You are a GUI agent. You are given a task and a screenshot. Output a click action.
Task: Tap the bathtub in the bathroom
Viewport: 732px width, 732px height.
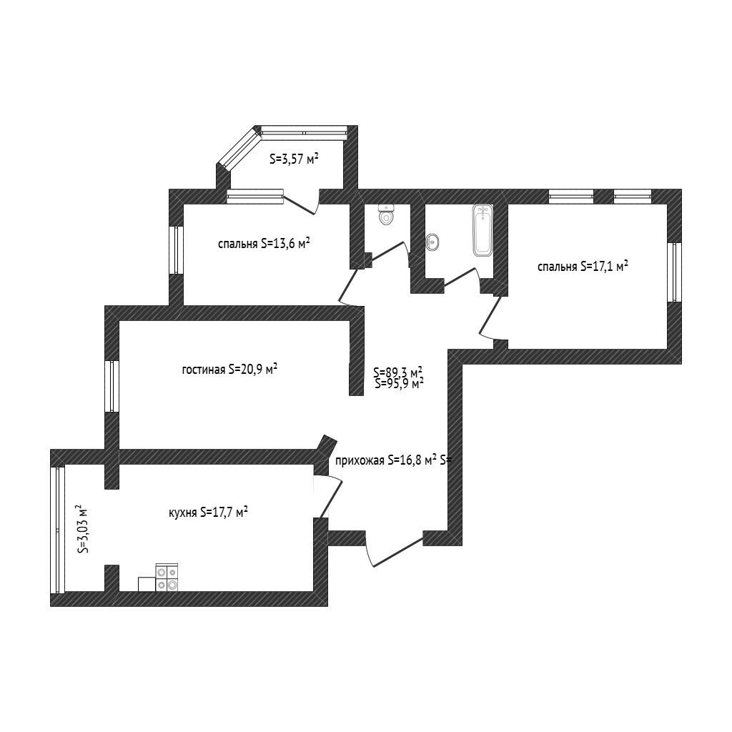tap(483, 231)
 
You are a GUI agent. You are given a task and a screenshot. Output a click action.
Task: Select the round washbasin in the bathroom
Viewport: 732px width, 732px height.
tap(432, 242)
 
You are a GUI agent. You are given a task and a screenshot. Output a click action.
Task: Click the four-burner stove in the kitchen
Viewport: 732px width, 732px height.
tap(167, 578)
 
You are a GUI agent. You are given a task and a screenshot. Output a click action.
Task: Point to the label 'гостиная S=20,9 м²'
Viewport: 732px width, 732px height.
tap(229, 370)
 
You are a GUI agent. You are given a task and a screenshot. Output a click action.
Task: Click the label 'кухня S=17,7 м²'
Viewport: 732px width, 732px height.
tap(208, 512)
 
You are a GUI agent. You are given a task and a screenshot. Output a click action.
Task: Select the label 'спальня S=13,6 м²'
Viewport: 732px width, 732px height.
tap(264, 244)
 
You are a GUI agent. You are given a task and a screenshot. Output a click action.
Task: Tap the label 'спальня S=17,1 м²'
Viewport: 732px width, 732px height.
tap(583, 267)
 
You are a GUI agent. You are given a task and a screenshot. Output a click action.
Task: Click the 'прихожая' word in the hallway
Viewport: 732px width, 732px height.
tap(360, 461)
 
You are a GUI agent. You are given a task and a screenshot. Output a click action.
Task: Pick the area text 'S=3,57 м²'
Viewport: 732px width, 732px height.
tap(294, 159)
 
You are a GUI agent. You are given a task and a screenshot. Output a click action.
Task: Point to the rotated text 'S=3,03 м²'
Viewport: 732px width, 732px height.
tap(83, 528)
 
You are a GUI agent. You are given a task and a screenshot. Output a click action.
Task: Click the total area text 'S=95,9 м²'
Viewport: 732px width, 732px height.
tap(399, 383)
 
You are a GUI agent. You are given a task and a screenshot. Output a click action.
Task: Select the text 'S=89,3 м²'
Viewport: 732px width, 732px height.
tap(397, 372)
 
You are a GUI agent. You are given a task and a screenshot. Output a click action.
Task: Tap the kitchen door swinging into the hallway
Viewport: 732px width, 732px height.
tap(331, 498)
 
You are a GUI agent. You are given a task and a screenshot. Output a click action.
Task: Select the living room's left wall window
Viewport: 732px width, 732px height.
tap(112, 386)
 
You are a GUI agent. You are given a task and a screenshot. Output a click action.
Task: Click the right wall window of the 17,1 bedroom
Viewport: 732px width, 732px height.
tap(674, 272)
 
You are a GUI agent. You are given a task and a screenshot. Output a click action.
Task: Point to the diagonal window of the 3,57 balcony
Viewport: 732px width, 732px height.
tap(240, 149)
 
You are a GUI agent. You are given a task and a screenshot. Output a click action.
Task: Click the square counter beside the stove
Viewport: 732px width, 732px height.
tap(147, 585)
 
